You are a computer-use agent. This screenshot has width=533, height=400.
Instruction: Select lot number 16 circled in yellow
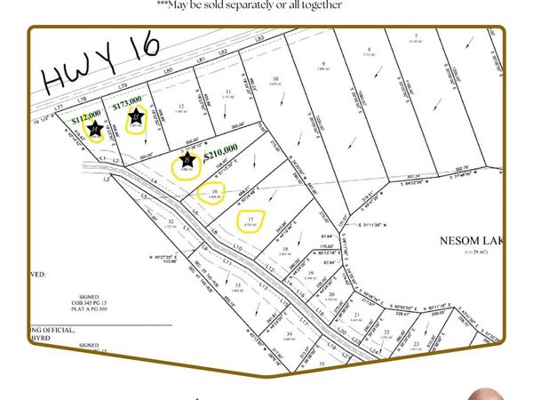214,192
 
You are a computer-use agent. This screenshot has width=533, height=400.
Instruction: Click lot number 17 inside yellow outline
251,219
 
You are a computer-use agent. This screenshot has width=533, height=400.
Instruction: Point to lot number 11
228,92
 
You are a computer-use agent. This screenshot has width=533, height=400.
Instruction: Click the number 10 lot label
276,79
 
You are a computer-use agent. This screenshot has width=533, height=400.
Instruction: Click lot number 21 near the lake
356,314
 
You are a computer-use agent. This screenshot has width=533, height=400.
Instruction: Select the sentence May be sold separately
267,6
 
